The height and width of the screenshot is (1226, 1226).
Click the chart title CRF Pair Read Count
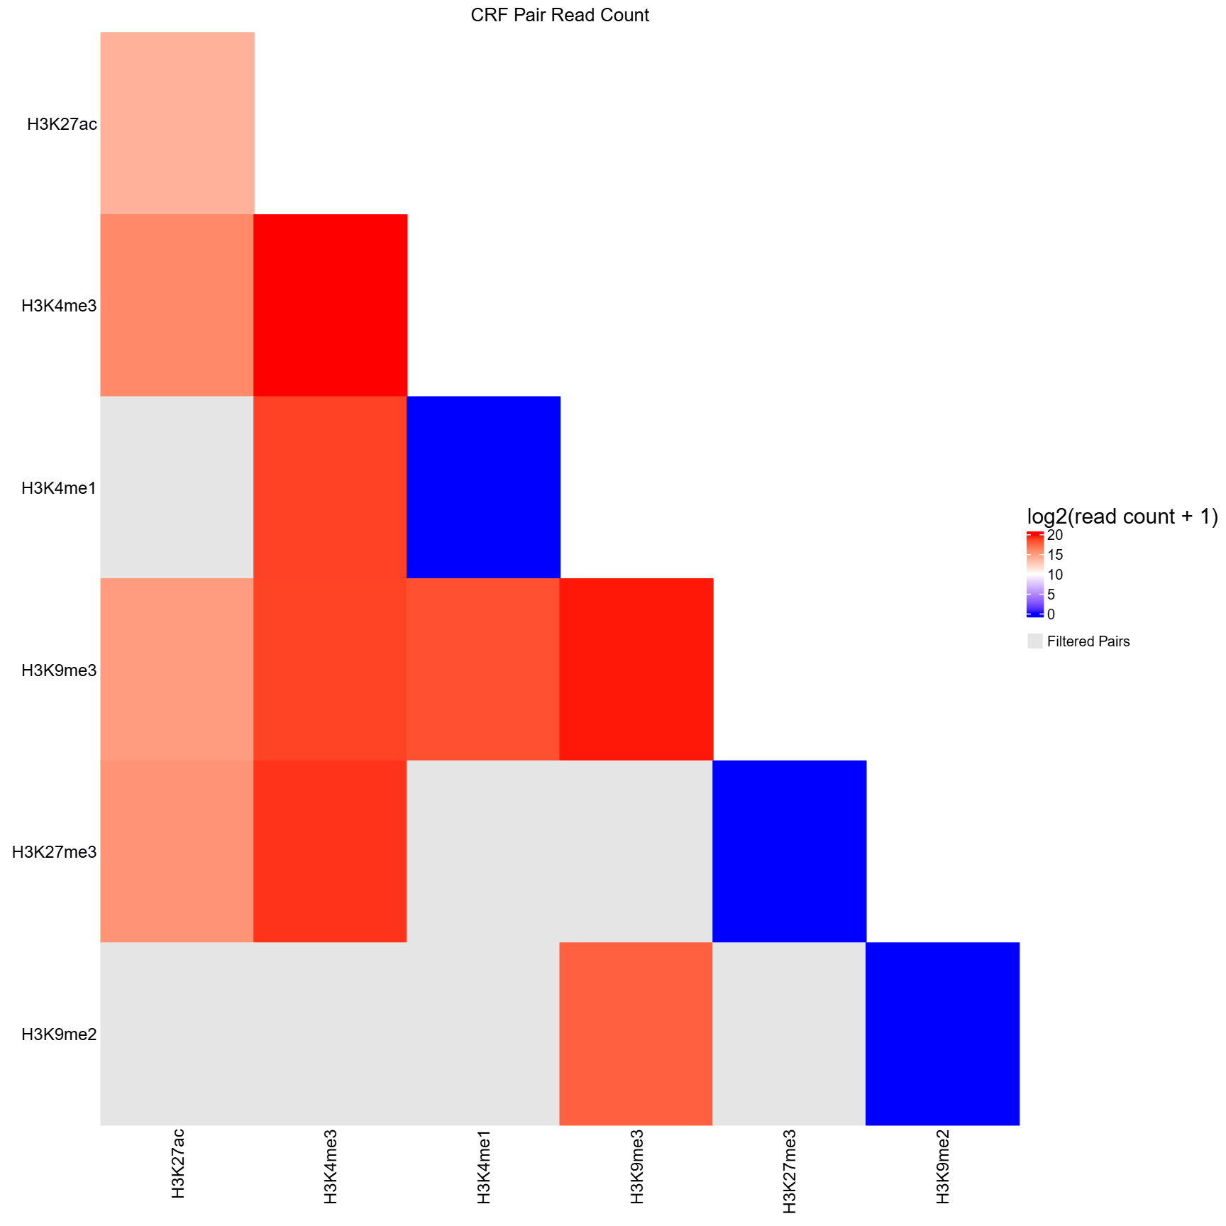click(559, 16)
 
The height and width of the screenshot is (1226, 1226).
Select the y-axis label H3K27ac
click(62, 124)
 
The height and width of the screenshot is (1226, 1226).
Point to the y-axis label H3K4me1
click(59, 488)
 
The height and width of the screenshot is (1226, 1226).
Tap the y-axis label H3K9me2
click(59, 1034)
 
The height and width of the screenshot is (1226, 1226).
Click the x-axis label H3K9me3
click(636, 1171)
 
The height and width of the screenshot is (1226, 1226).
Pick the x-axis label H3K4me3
click(330, 1171)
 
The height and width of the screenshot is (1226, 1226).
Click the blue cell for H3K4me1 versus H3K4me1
click(483, 487)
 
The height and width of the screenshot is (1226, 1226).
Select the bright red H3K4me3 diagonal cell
click(330, 305)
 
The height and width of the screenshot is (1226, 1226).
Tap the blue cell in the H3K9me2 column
click(942, 1034)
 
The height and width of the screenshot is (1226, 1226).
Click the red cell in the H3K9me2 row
click(636, 1034)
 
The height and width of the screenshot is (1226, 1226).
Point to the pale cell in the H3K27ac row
click(177, 123)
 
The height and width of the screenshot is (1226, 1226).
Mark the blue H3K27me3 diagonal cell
click(789, 851)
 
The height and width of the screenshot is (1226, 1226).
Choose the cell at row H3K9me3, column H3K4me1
click(483, 669)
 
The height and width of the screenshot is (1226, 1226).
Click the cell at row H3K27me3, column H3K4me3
click(330, 851)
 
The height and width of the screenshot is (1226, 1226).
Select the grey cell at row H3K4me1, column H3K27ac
click(177, 487)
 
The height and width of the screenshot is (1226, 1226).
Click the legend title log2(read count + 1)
click(1122, 517)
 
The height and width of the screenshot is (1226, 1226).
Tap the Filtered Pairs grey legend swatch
click(1034, 641)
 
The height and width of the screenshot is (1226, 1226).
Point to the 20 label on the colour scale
click(1055, 535)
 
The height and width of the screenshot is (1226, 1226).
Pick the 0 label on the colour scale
click(1051, 614)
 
